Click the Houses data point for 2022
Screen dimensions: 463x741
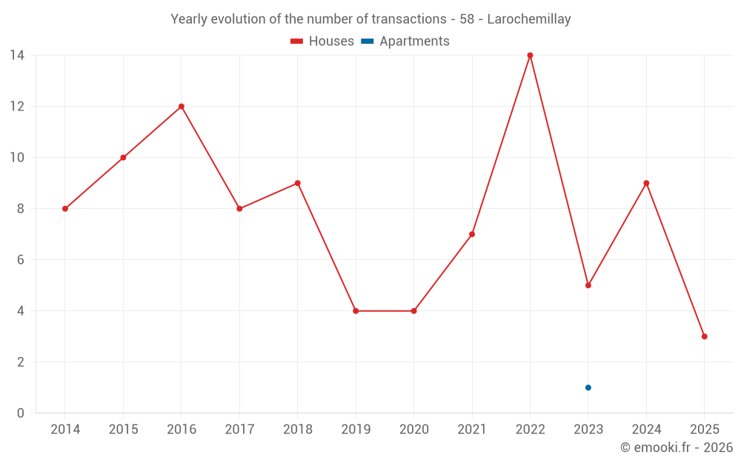pos(530,55)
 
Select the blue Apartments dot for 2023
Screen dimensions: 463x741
pos(588,387)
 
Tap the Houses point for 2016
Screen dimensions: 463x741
pos(182,106)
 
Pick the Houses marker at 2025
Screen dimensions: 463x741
pos(705,336)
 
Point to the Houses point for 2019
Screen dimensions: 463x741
pos(356,311)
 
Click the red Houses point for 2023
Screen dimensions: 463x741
pos(588,285)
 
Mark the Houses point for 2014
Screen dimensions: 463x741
pos(65,209)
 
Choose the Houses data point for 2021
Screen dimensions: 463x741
pos(472,234)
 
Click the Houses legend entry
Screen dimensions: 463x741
pos(322,41)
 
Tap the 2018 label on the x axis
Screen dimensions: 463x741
pos(297,430)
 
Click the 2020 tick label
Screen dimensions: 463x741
pos(413,430)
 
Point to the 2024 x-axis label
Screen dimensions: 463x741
pos(646,430)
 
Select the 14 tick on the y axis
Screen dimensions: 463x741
pos(16,55)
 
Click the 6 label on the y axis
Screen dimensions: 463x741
pos(21,260)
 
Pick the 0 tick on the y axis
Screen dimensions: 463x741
pos(21,413)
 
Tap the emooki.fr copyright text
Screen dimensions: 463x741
pos(677,447)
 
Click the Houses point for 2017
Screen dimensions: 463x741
pos(239,209)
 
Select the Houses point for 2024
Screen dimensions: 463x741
pos(646,183)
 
